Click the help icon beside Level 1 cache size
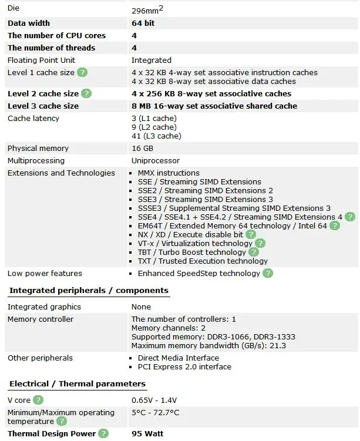[x=83, y=72]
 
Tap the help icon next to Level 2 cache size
[x=86, y=93]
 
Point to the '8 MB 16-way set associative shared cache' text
[x=214, y=106]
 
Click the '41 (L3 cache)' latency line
[x=156, y=136]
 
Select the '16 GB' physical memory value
[x=142, y=149]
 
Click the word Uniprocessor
[x=156, y=161]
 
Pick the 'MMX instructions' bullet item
[x=169, y=173]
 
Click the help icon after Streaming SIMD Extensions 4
[x=350, y=217]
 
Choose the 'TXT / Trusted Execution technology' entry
[x=203, y=261]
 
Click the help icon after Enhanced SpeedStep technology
[x=268, y=273]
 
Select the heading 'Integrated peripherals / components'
[x=89, y=290]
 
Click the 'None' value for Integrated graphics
[x=141, y=307]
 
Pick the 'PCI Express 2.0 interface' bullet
[x=184, y=367]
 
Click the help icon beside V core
[x=38, y=400]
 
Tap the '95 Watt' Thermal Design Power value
[x=147, y=434]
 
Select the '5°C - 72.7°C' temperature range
[x=156, y=413]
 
